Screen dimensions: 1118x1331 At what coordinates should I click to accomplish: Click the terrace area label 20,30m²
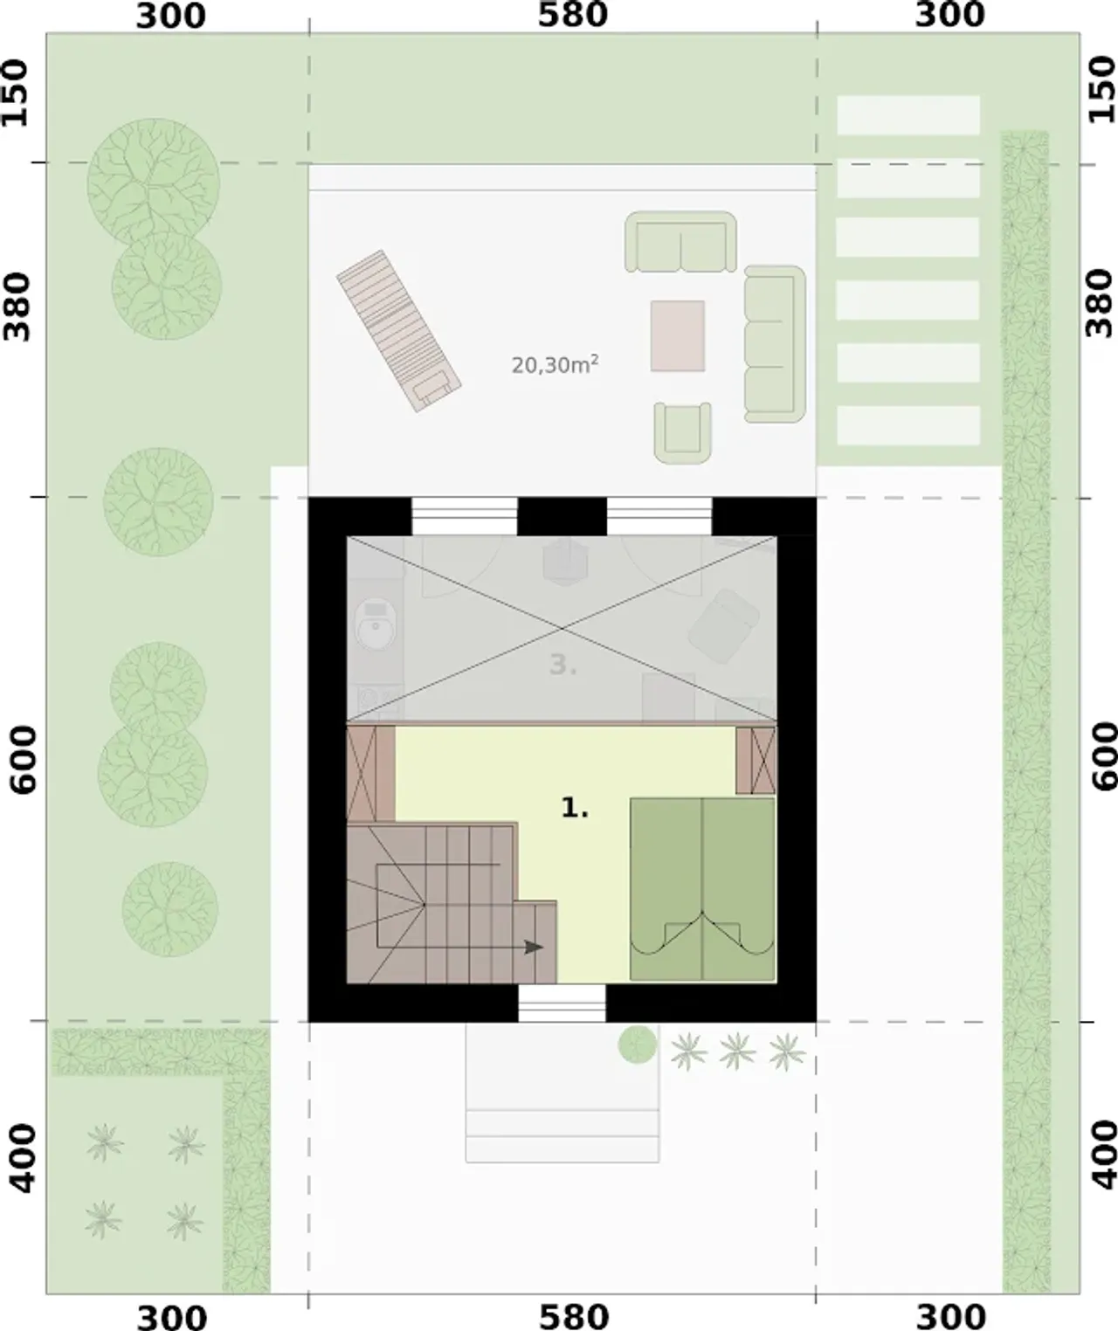(x=555, y=364)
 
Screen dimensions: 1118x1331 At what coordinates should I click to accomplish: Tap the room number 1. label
(x=575, y=809)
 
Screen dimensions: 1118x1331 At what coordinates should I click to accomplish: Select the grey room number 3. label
(x=562, y=665)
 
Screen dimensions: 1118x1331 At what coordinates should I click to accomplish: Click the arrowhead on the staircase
(x=534, y=947)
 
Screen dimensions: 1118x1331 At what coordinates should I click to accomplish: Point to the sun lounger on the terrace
(x=399, y=331)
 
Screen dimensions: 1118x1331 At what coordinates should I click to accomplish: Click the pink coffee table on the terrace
(x=678, y=336)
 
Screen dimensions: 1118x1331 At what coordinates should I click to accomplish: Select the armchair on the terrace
(x=683, y=433)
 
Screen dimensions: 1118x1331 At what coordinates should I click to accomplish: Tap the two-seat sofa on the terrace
(x=680, y=242)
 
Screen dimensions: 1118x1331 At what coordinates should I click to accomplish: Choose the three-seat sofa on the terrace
(x=775, y=344)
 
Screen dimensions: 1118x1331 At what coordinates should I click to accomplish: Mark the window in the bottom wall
(x=562, y=1003)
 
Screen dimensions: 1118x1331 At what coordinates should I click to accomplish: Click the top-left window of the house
(x=464, y=516)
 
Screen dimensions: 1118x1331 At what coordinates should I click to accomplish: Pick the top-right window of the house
(x=659, y=516)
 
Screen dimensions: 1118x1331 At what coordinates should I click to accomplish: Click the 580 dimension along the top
(x=572, y=16)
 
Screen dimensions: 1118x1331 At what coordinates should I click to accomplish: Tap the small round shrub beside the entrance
(x=637, y=1045)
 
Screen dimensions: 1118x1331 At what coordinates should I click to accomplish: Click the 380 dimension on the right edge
(x=1099, y=303)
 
